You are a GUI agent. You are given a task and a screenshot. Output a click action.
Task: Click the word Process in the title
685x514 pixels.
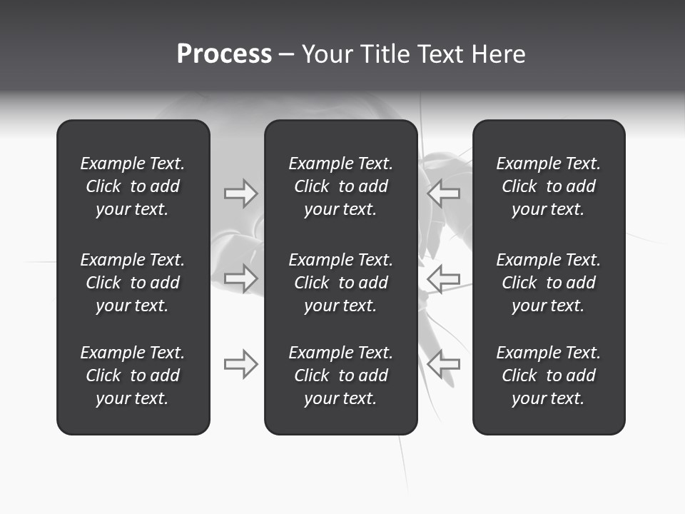point(224,54)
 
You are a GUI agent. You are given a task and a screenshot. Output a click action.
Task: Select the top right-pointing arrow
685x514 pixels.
point(240,193)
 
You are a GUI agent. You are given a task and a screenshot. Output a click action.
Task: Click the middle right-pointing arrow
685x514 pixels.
point(240,278)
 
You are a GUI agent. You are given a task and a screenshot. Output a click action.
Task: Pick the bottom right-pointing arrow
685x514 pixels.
point(240,363)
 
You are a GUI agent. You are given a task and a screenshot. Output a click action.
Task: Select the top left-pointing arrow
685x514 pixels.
point(444,193)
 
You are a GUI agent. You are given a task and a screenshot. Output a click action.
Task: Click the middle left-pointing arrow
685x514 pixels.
point(444,278)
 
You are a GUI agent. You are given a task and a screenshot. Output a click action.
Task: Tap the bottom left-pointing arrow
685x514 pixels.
point(444,363)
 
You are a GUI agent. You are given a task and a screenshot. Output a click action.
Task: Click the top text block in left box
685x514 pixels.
point(133,186)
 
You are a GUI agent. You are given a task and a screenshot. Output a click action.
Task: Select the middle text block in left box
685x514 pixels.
point(133,283)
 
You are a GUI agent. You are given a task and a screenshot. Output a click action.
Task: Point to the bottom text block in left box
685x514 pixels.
point(133,376)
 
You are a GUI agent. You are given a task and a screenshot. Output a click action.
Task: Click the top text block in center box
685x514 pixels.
point(340,186)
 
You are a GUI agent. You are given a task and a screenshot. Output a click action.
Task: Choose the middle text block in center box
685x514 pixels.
point(340,283)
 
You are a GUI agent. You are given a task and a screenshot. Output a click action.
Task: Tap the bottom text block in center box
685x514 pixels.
point(340,376)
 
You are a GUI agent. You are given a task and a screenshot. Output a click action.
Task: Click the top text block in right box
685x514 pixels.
point(548,186)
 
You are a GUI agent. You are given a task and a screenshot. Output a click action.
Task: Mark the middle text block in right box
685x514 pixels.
point(548,283)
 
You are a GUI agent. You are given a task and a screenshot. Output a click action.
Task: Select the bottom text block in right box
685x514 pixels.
point(548,376)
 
